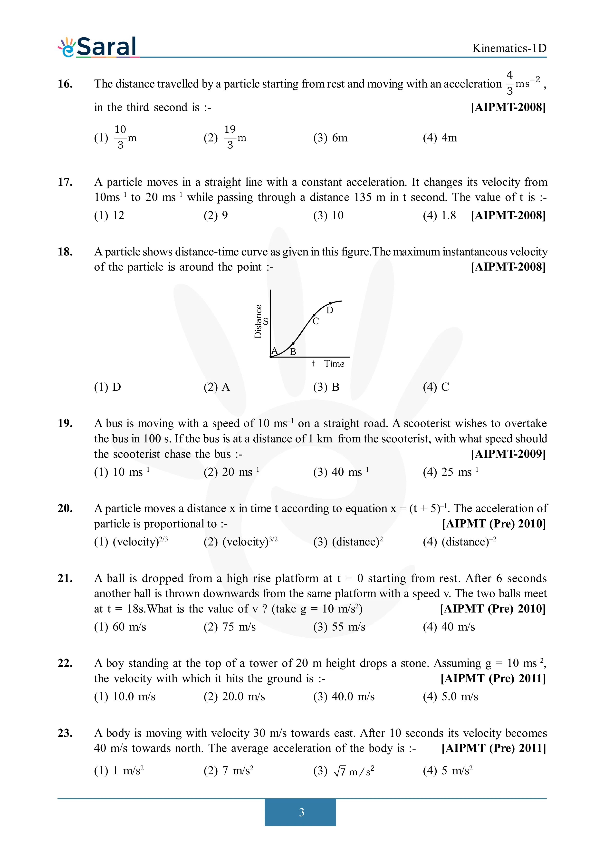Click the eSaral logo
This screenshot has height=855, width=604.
click(x=97, y=47)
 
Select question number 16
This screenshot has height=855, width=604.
click(x=65, y=84)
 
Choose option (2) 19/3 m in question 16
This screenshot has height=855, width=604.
click(x=225, y=137)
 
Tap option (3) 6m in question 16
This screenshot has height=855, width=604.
click(x=330, y=138)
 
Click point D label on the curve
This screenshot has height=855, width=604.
click(x=330, y=310)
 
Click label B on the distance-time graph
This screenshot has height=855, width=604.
click(x=293, y=351)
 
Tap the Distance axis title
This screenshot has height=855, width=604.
click(x=258, y=321)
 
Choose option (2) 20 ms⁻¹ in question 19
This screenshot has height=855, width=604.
click(x=231, y=472)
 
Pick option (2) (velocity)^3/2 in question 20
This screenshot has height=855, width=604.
click(x=240, y=542)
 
